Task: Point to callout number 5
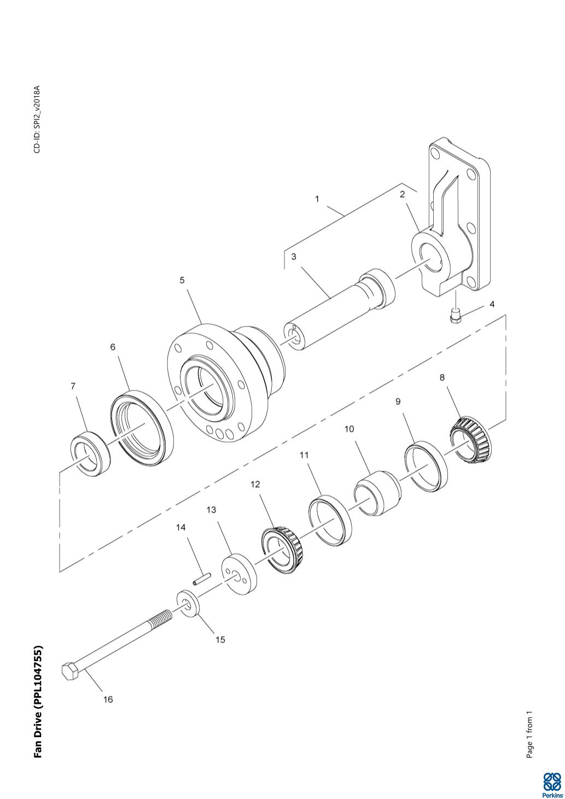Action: coord(182,280)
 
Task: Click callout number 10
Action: coord(349,429)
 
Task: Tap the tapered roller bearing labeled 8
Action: coord(470,439)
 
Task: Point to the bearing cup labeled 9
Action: coord(426,464)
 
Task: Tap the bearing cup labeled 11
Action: coord(330,520)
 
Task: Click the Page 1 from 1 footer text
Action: coord(529,735)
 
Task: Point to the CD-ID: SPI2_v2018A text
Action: coord(37,119)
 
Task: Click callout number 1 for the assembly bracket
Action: coord(317,199)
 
